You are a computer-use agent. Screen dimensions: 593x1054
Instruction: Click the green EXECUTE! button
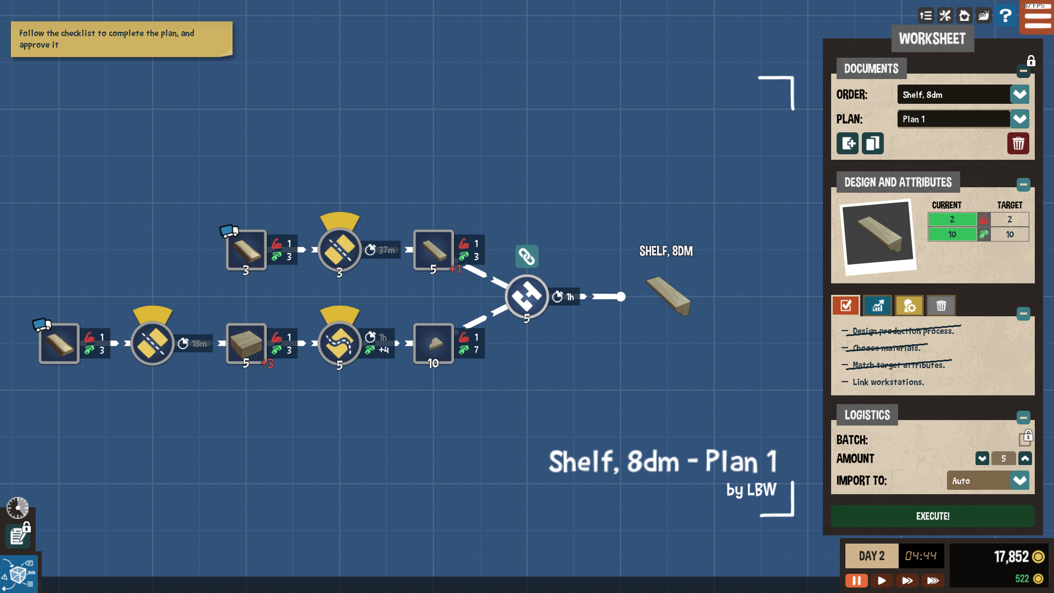click(x=932, y=516)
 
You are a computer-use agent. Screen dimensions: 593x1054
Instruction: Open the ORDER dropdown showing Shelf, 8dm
click(x=1019, y=94)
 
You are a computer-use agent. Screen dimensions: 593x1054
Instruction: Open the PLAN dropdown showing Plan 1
click(x=1019, y=119)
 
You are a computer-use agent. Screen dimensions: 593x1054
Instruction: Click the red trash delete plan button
click(x=1018, y=144)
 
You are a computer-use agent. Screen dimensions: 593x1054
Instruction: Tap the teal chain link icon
click(x=526, y=256)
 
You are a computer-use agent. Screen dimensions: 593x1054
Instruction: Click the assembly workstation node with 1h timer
click(x=526, y=297)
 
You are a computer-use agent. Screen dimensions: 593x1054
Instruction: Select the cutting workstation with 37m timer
click(x=339, y=250)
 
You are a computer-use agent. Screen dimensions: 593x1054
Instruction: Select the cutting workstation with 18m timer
click(x=152, y=344)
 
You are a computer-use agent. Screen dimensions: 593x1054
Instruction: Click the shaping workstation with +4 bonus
click(x=339, y=344)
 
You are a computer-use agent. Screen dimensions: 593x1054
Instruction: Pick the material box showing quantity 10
click(x=433, y=344)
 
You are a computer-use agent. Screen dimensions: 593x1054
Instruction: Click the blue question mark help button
click(x=1005, y=15)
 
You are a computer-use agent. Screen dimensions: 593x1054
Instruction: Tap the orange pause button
click(x=856, y=580)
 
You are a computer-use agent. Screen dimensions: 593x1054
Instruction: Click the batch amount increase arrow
click(x=1025, y=458)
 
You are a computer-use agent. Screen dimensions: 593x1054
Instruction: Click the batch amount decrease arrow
click(x=982, y=458)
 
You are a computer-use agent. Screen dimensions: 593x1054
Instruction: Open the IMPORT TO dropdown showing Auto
click(x=1019, y=480)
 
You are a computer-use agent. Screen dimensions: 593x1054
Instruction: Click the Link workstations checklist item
click(x=888, y=382)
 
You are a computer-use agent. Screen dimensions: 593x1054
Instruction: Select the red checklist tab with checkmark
click(x=845, y=306)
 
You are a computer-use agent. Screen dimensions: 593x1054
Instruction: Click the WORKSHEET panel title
click(x=932, y=39)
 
